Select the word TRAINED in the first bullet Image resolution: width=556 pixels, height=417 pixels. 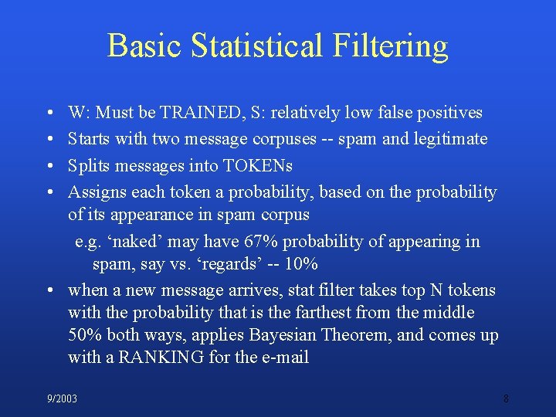(202, 113)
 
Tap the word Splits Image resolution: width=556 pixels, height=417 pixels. (88, 165)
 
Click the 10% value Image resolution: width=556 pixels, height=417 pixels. (302, 263)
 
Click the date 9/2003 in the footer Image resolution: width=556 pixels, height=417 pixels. (62, 399)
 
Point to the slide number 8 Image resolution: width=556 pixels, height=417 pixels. (506, 399)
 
